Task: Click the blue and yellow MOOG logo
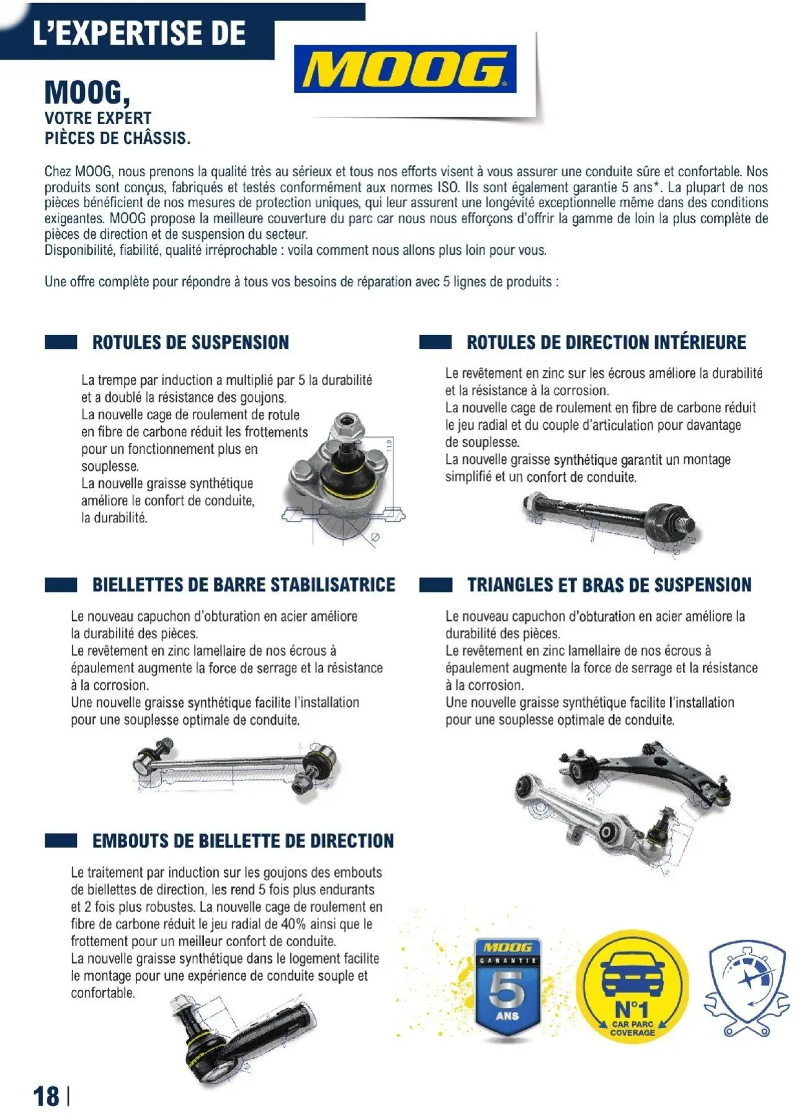[405, 69]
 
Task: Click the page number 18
[47, 1095]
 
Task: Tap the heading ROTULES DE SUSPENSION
[190, 342]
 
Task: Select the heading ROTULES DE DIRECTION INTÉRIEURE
[606, 342]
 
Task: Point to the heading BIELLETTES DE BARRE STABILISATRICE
[243, 585]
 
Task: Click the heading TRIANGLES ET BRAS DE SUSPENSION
[609, 585]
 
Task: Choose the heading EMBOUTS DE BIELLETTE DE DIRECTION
[243, 841]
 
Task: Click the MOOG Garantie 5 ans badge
[507, 987]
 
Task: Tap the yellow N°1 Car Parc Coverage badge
[632, 986]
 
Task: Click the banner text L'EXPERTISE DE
[139, 32]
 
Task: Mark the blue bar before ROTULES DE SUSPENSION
[61, 342]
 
